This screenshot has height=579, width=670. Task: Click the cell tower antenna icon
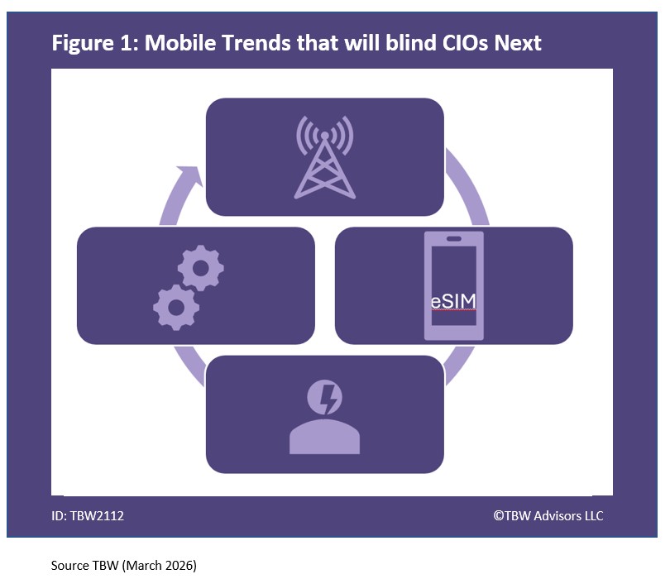[x=324, y=156]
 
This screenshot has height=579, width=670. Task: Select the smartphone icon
[x=453, y=285]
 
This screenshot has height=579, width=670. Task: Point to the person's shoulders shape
[x=324, y=439]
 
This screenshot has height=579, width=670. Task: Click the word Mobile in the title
[x=180, y=43]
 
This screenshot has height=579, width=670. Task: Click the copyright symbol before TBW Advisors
[x=498, y=515]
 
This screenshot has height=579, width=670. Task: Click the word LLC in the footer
[x=593, y=515]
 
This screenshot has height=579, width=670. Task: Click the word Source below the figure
[x=69, y=566]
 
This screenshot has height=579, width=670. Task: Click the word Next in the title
[x=517, y=43]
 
